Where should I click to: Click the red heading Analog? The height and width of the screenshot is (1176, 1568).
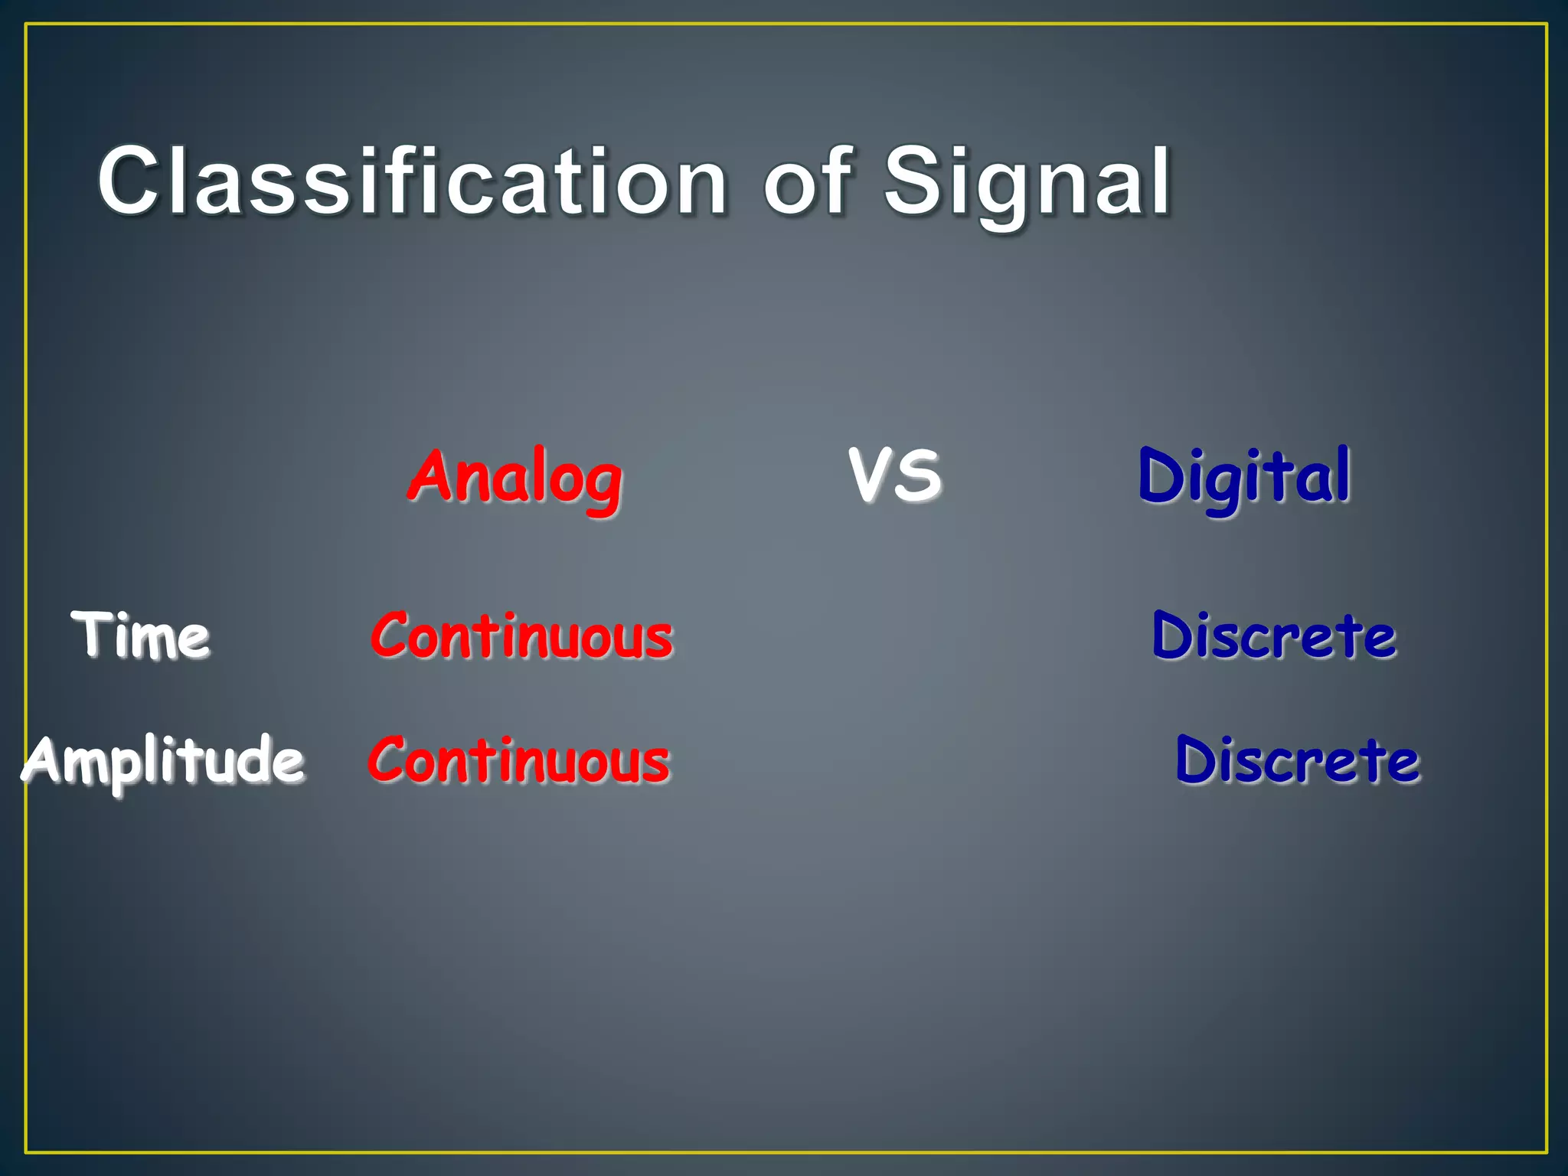515,478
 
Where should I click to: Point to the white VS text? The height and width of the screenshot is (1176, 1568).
895,475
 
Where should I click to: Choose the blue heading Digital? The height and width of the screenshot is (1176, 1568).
1244,478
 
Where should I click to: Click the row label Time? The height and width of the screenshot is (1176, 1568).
141,635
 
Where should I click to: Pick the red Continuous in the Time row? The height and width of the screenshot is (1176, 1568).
521,635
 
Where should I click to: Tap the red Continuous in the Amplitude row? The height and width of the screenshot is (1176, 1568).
519,760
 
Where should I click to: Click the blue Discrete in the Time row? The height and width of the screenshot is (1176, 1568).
1274,635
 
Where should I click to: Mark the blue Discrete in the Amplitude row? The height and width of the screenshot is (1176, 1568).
1298,760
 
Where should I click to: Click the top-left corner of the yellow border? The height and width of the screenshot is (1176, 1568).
26,24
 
